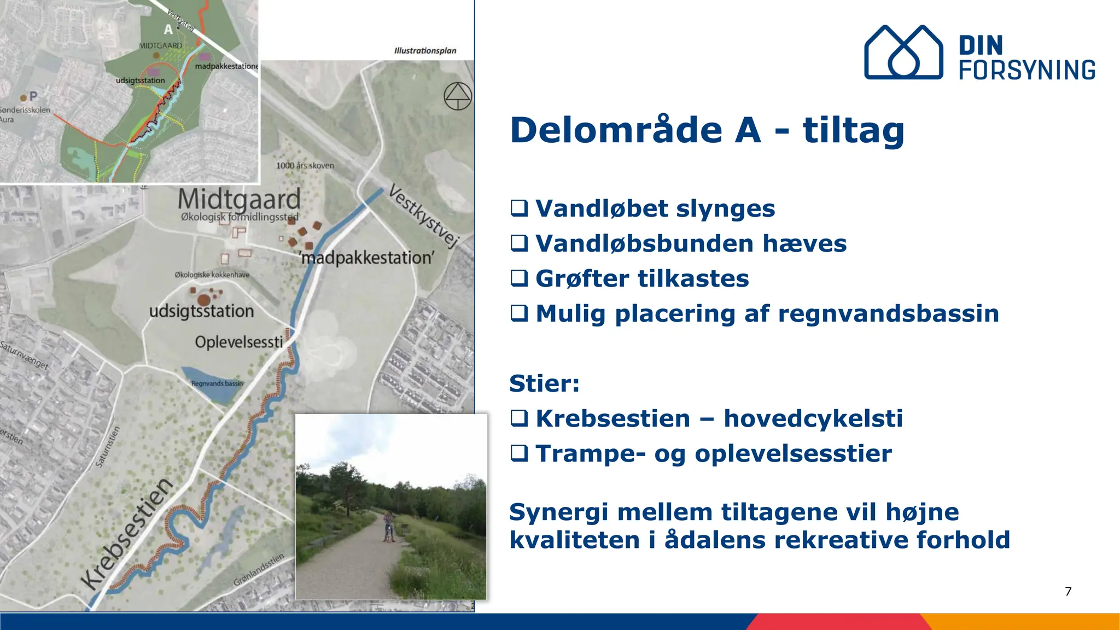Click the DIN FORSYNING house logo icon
[903, 52]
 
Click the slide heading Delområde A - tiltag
[707, 131]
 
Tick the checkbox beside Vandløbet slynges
[519, 208]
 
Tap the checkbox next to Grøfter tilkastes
[519, 278]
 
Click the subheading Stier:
[544, 383]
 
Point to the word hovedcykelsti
[813, 419]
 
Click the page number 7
[1068, 591]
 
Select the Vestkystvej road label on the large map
[423, 217]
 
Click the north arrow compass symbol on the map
[458, 96]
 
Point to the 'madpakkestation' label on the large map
[367, 258]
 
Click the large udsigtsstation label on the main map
[201, 312]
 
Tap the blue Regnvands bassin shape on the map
[208, 383]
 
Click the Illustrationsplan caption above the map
[425, 51]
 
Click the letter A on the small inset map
[168, 30]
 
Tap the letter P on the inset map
[33, 97]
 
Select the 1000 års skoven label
[305, 166]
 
